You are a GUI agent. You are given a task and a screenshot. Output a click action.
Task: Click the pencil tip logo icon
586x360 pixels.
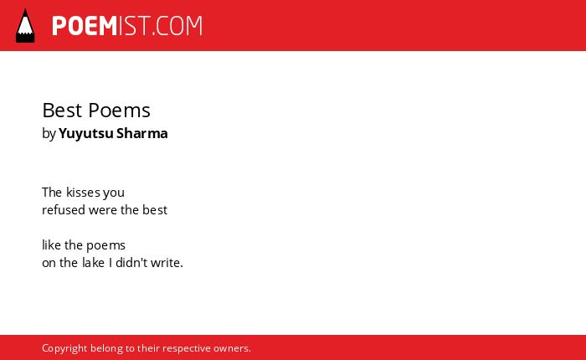tap(25, 26)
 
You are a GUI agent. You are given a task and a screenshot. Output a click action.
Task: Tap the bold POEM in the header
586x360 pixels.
tap(85, 26)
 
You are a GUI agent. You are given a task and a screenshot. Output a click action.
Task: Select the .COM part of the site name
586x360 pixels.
tap(177, 26)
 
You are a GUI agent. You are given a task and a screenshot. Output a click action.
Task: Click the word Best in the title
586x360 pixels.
tap(62, 111)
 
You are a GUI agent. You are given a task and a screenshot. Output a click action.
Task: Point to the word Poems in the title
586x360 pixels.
tap(119, 111)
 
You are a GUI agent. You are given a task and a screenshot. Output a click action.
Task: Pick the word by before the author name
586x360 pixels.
tap(49, 134)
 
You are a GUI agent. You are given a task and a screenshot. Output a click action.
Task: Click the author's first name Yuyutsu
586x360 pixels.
tap(86, 134)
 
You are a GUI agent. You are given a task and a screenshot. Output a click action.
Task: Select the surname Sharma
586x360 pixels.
tap(142, 133)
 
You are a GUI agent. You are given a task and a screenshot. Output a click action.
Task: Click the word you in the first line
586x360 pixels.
tap(114, 193)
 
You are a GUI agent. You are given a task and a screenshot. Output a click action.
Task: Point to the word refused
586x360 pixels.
tap(64, 210)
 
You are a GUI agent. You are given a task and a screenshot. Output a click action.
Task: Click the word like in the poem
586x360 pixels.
tap(52, 245)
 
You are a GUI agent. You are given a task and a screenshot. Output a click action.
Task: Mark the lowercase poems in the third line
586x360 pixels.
tap(105, 246)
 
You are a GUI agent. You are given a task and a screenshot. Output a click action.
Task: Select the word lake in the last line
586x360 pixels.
tap(94, 263)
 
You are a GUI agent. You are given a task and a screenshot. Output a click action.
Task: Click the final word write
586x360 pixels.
tap(167, 263)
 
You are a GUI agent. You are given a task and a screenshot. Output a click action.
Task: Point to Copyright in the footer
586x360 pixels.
tap(64, 348)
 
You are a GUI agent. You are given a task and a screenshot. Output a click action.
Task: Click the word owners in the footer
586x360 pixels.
tap(232, 349)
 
